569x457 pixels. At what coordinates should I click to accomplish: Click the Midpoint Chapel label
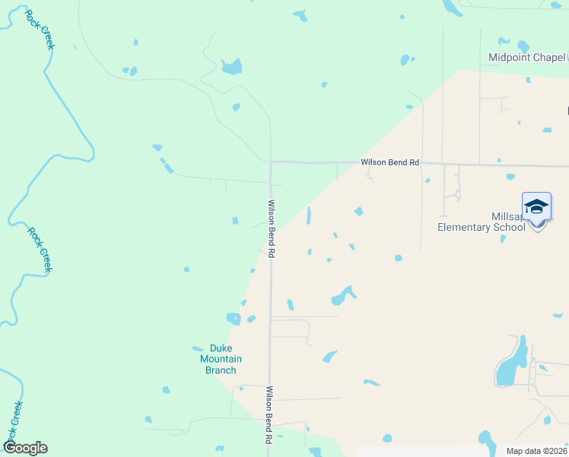pos(526,57)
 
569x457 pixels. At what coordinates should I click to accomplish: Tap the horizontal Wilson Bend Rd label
pos(389,162)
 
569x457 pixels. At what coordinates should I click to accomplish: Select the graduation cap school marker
pos(536,208)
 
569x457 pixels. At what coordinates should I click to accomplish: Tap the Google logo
pos(25,448)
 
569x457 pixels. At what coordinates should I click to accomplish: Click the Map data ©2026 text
pos(536,451)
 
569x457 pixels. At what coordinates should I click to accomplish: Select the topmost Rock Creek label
pos(40,30)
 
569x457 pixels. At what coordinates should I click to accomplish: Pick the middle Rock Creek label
pos(40,250)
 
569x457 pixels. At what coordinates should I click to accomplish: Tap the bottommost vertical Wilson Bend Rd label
pos(269,415)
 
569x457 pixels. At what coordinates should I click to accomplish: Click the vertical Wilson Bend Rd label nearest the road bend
pos(271,228)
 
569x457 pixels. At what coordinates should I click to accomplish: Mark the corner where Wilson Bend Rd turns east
pos(271,161)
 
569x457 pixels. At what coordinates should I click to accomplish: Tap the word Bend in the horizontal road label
pos(393,162)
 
